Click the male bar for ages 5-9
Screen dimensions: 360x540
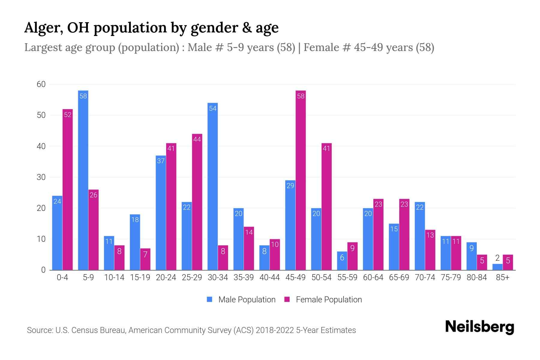[x=83, y=180]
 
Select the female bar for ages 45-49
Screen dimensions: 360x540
[x=301, y=180]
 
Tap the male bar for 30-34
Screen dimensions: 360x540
[x=213, y=186]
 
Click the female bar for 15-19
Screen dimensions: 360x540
[x=145, y=259]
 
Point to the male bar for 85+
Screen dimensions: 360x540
[x=497, y=267]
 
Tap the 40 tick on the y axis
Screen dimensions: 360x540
[x=41, y=146]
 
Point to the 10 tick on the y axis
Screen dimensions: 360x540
[x=41, y=239]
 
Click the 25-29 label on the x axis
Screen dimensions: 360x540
[x=192, y=277]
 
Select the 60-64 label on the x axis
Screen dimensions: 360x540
[x=373, y=277]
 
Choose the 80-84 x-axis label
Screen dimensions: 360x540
[x=477, y=277]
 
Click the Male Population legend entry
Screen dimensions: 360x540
[x=247, y=300]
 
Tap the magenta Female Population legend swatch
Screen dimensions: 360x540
[x=287, y=299]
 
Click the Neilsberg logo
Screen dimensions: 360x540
[x=479, y=327]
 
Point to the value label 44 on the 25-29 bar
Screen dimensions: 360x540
[x=197, y=139]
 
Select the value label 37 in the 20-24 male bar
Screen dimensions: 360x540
[x=161, y=161]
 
